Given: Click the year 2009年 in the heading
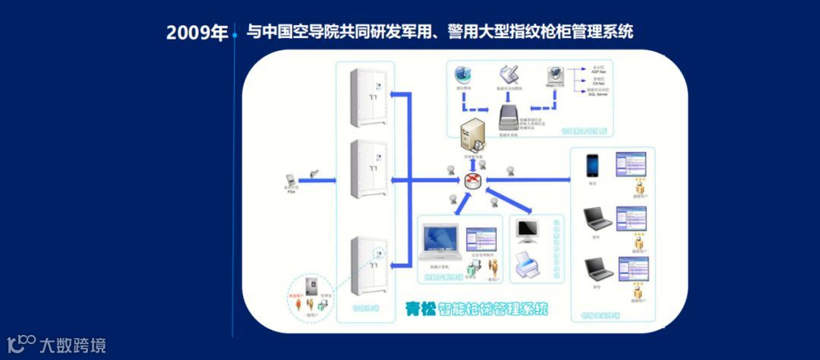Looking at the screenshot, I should (197, 33).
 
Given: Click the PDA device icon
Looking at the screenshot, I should (290, 180).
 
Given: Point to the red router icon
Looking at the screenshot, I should (474, 181).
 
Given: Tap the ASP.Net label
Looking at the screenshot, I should (598, 71).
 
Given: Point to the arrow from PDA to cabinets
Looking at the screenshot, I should (323, 180).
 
